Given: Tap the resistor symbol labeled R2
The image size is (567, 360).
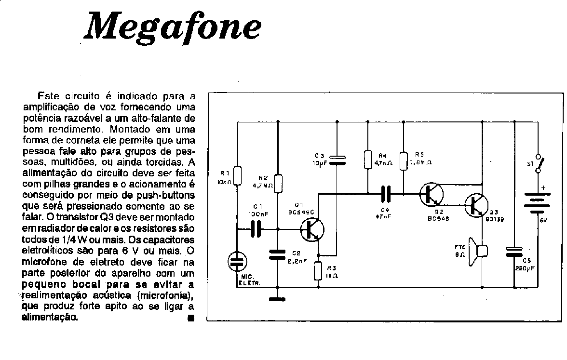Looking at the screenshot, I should coord(278,183).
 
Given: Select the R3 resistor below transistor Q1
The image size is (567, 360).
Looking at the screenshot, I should coord(318,271).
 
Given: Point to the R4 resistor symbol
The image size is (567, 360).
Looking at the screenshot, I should coord(367,160).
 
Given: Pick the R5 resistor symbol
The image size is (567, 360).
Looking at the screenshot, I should coord(404,160).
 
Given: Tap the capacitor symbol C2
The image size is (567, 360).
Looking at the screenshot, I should coord(278,254).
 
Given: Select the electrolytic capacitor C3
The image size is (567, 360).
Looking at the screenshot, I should coord(337,160).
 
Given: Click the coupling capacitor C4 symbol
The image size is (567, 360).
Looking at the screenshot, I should coord(386,194).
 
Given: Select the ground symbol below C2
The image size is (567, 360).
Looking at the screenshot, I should coord(278,299).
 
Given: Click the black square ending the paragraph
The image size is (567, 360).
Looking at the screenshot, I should coord(191,318).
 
